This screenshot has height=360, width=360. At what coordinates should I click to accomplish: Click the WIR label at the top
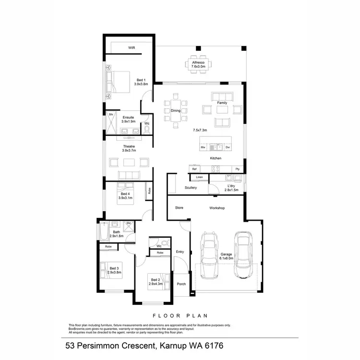tap(131, 48)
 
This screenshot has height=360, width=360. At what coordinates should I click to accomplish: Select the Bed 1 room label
tap(141, 80)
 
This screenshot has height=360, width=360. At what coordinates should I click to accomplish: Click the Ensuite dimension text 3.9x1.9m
tap(128, 121)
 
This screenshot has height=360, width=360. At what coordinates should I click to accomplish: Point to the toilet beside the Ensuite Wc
tap(147, 129)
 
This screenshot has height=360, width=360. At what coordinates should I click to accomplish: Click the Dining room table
tap(176, 111)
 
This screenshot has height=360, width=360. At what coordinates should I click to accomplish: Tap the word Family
tap(222, 103)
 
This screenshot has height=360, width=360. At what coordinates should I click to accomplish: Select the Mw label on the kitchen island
tap(204, 147)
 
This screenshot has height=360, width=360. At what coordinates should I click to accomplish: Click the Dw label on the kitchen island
tap(228, 147)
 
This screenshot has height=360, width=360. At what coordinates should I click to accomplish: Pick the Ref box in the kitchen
tap(194, 169)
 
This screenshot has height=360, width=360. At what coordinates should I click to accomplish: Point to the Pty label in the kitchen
tap(237, 169)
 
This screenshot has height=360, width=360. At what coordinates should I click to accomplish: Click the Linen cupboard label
tap(199, 178)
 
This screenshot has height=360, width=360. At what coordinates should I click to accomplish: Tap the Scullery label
tap(191, 188)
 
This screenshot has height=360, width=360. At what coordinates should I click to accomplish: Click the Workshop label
tap(217, 208)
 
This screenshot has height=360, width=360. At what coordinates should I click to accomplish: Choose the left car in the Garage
tap(209, 255)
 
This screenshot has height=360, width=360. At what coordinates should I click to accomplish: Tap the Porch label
tap(181, 284)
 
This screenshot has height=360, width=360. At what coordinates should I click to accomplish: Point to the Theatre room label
tap(129, 146)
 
